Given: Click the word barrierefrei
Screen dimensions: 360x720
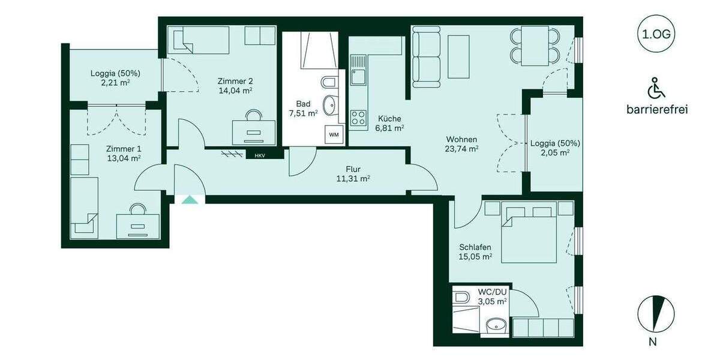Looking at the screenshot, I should (x=656, y=109).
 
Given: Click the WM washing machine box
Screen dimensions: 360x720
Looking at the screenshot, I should (x=333, y=135).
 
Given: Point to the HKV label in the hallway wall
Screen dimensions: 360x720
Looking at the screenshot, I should (x=259, y=155).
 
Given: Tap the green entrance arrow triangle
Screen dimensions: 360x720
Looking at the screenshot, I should (x=190, y=200).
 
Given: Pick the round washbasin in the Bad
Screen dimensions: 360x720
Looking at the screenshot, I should (x=329, y=106).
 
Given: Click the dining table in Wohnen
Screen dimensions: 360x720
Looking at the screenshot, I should (x=535, y=46).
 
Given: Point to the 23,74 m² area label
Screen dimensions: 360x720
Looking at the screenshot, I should (x=461, y=149).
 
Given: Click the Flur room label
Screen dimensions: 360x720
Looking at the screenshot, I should (x=352, y=169).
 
